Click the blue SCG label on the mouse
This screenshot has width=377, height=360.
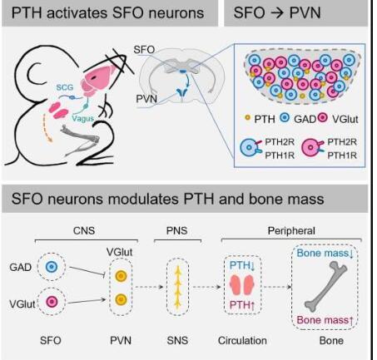pyautogui.click(x=65, y=87)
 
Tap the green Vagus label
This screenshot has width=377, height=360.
pyautogui.click(x=82, y=118)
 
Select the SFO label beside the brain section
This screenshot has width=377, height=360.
pyautogui.click(x=144, y=50)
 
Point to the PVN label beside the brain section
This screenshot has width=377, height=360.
pyautogui.click(x=146, y=99)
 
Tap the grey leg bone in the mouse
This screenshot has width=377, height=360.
pyautogui.click(x=81, y=139)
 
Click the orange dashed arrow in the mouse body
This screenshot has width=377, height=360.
pyautogui.click(x=47, y=128)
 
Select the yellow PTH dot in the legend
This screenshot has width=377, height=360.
pyautogui.click(x=247, y=118)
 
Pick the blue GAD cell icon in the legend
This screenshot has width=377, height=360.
pyautogui.click(x=284, y=118)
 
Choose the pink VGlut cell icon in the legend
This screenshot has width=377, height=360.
pyautogui.click(x=322, y=118)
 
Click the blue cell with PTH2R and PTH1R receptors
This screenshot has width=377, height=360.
pyautogui.click(x=251, y=148)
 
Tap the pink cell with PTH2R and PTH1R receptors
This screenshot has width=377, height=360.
pyautogui.click(x=312, y=148)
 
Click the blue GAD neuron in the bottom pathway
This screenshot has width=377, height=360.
pyautogui.click(x=52, y=267)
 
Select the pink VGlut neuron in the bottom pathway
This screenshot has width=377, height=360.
pyautogui.click(x=52, y=302)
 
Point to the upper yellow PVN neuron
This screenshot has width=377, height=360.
pyautogui.click(x=121, y=276)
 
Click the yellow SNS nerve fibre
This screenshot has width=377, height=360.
pyautogui.click(x=177, y=287)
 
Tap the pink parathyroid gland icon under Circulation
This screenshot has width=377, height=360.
pyautogui.click(x=242, y=284)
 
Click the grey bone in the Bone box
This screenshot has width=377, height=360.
pyautogui.click(x=326, y=287)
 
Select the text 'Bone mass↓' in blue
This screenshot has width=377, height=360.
pyautogui.click(x=325, y=253)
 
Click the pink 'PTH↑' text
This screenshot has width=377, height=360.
pyautogui.click(x=242, y=305)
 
